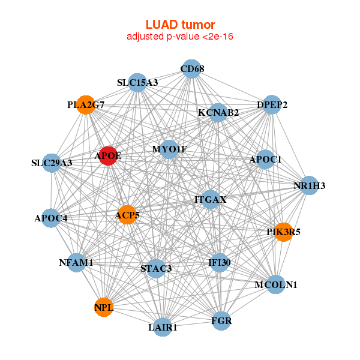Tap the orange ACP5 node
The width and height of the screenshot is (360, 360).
127,214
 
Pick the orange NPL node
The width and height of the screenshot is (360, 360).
103,308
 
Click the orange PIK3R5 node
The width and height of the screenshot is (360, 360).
283,232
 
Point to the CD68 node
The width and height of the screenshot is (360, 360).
191,69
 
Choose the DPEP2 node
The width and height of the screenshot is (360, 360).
272,104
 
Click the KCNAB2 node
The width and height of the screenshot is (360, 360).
218,112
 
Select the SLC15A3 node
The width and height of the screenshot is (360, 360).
137,82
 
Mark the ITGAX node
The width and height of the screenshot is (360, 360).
210,199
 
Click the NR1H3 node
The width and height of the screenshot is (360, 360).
309,185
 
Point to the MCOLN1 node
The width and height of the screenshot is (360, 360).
275,284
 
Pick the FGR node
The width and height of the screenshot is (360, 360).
221,321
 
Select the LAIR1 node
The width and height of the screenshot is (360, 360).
163,327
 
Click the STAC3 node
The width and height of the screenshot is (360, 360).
156,268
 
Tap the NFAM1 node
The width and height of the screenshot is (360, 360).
76,262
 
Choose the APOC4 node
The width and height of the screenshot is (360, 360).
51,218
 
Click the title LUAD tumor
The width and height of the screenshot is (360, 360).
180,25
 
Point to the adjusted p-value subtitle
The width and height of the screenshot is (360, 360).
180,37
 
